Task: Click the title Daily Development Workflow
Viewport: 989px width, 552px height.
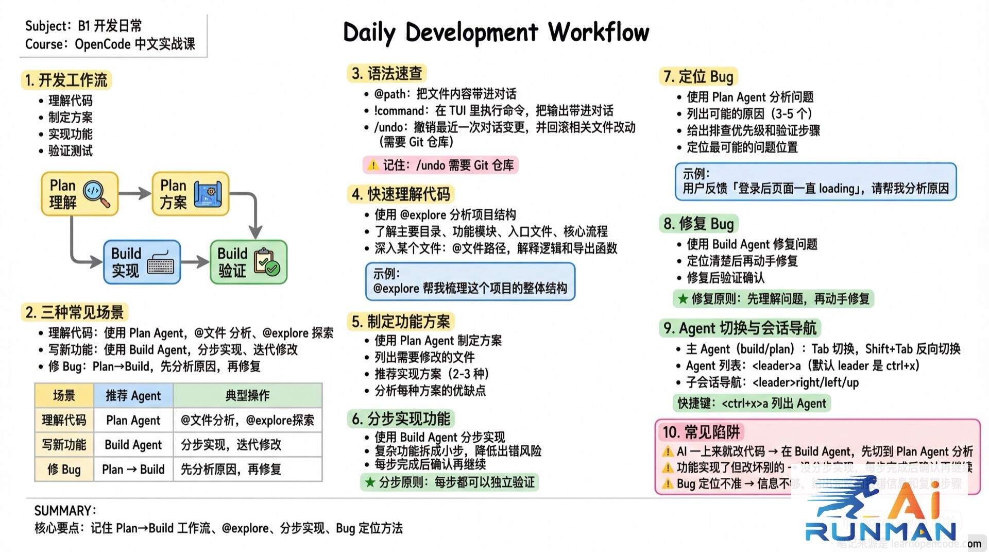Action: click(496, 32)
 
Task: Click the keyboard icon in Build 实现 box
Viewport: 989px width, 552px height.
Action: click(160, 263)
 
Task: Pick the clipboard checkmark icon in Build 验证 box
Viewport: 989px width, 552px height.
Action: click(267, 262)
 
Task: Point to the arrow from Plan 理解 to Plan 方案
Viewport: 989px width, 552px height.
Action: click(135, 194)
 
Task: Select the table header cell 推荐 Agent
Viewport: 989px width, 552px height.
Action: click(133, 396)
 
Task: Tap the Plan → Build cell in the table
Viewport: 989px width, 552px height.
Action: click(133, 470)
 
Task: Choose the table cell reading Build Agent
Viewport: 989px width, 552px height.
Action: click(133, 445)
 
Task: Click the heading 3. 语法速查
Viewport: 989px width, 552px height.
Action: click(387, 74)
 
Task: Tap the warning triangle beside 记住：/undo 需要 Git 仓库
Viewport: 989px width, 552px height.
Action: click(373, 165)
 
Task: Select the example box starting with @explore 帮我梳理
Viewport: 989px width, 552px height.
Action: click(470, 281)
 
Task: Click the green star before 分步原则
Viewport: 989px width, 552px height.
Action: click(369, 482)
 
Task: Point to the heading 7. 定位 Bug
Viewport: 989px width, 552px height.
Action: click(698, 77)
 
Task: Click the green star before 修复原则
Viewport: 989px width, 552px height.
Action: click(683, 299)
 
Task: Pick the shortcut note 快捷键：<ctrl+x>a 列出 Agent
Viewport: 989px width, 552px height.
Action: click(752, 404)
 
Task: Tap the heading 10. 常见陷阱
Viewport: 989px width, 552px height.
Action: click(701, 432)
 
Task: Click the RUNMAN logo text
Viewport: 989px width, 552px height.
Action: click(881, 531)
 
